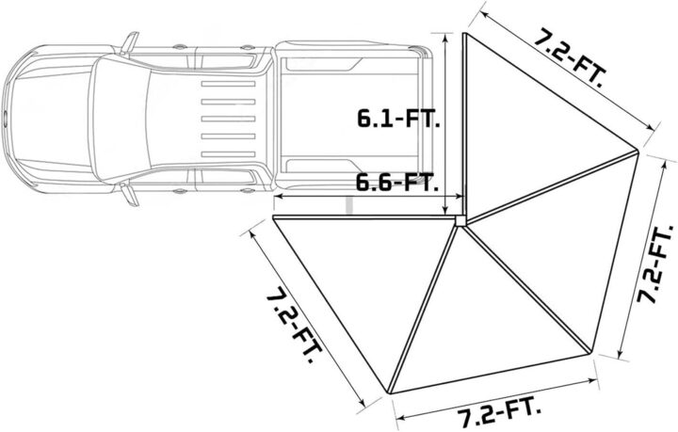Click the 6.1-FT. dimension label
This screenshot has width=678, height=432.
click(x=396, y=119)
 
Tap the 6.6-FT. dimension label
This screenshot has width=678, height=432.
click(x=396, y=182)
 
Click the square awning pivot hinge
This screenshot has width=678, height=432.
click(x=460, y=220)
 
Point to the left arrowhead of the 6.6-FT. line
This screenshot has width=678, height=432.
click(x=277, y=199)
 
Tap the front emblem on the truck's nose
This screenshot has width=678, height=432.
click(x=7, y=119)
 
